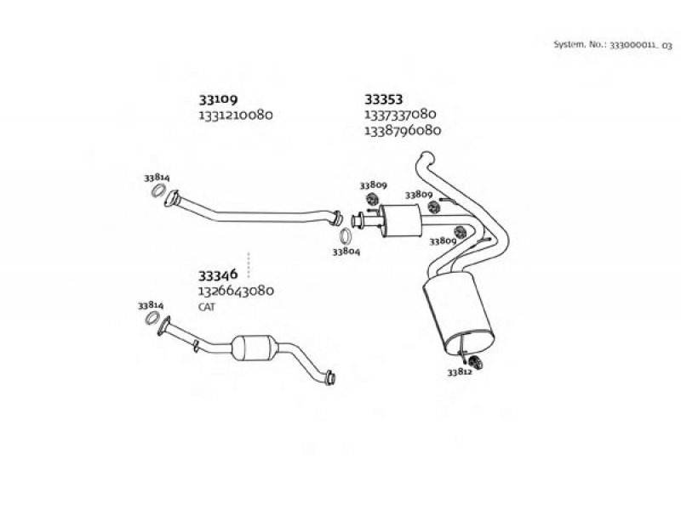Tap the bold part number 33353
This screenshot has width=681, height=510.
[x=383, y=99]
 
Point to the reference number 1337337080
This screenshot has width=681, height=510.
[x=400, y=114]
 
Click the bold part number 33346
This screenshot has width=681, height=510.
[x=217, y=275]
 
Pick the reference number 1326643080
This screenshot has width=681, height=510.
[x=236, y=291]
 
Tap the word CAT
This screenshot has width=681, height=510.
[x=207, y=307]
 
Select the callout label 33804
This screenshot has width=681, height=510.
[x=346, y=252]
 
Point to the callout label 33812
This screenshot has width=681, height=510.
[x=459, y=371]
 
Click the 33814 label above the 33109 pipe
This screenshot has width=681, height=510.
[x=157, y=178]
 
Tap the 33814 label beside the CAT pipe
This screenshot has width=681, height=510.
[x=151, y=304]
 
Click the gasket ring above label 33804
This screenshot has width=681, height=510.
[x=347, y=235]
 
